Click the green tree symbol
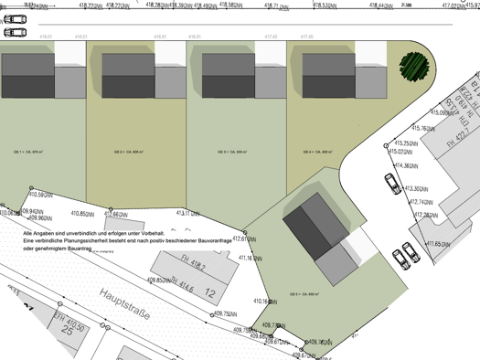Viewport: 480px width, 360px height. point(412,64)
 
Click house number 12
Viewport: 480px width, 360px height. point(210,293)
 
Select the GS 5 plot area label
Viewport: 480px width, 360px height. point(304,294)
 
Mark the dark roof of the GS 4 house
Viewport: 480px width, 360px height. point(328,65)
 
